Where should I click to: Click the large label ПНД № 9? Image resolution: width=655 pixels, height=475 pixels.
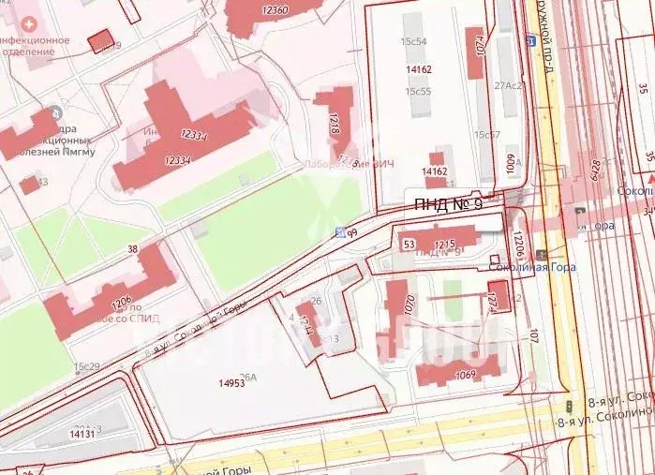pos(447,204)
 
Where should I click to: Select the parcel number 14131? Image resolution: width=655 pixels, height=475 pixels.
pos(82,434)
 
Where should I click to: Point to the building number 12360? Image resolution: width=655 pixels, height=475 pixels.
pos(275,8)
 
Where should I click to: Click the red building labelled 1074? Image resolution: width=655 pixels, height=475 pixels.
pos(476,52)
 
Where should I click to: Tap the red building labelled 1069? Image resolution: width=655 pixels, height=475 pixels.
pos(459,371)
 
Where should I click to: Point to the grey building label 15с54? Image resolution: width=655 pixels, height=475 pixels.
pos(413,41)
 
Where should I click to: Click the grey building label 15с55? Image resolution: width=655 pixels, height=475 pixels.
pos(418,91)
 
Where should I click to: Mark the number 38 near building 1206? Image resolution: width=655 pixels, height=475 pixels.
pos(132,249)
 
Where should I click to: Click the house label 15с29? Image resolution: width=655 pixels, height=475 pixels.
pos(86,366)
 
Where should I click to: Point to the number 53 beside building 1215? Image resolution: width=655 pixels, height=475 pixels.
pos(408,245)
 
